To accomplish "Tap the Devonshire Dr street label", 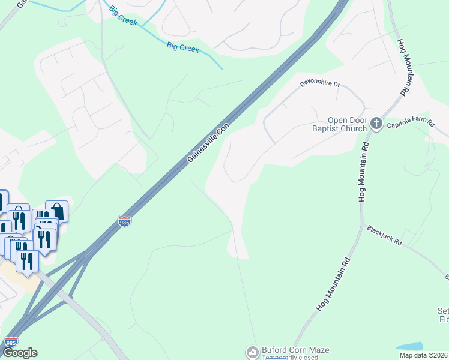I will (320, 84).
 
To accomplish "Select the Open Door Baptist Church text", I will (339, 124).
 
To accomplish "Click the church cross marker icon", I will (376, 124).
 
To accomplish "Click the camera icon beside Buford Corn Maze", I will (253, 350).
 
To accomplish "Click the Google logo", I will (20, 353).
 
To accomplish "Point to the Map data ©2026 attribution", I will (423, 355).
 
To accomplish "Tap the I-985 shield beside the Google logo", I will (10, 341).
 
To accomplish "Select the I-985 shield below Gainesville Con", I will (125, 221).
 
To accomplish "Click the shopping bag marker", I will (57, 210).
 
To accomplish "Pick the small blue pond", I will (409, 346).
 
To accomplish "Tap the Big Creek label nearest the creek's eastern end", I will (183, 47).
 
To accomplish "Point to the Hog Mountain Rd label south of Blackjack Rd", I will (333, 284).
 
